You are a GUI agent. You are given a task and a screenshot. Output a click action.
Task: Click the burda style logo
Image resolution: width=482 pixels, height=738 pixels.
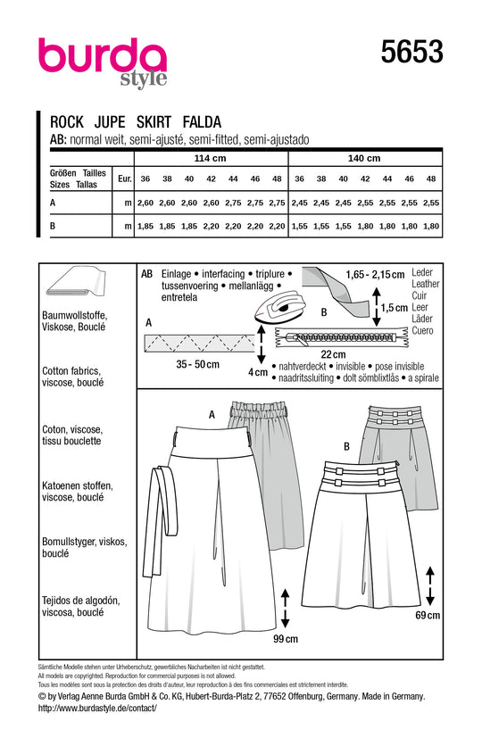[x=102, y=62]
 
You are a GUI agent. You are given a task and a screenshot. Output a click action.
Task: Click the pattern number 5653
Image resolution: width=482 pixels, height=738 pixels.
[x=413, y=53]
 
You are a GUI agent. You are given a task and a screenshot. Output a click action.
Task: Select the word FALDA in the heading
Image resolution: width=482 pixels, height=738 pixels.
[x=203, y=123]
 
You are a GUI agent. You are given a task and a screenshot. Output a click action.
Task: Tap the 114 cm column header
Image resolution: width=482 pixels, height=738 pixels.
[x=209, y=158]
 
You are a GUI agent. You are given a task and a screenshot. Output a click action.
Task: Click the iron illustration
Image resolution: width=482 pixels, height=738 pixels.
[x=279, y=309]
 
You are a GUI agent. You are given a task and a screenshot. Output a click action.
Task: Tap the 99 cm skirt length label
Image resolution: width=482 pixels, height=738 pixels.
[x=285, y=639]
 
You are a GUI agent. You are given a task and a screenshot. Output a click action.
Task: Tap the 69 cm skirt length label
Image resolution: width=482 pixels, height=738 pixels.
[x=428, y=616]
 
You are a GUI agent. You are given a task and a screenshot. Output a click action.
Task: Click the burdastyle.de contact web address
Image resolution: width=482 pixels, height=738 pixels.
[x=97, y=708]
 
